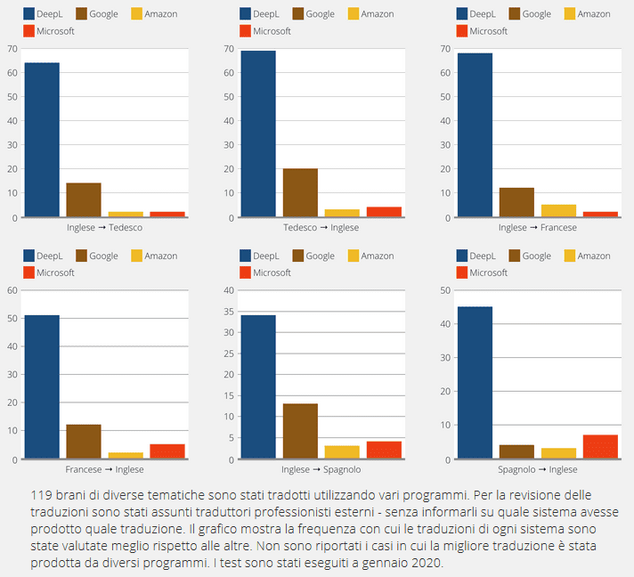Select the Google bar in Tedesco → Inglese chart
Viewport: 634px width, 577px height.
(300, 192)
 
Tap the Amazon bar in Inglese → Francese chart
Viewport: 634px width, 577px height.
(558, 211)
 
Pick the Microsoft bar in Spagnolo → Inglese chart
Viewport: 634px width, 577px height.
(601, 447)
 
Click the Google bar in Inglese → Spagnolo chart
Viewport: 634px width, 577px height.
(300, 432)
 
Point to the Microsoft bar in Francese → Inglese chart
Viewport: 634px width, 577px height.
(167, 451)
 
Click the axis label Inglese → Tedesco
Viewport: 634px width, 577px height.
(104, 227)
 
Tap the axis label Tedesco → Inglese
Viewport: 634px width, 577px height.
(321, 227)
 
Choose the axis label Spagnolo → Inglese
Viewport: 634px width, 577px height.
(538, 469)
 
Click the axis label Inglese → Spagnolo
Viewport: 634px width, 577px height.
(321, 469)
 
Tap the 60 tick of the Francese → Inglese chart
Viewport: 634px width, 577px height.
(12, 290)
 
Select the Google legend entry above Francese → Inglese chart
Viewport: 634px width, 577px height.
(97, 256)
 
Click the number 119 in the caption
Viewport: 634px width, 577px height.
(41, 494)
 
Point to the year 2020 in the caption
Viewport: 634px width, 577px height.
(423, 564)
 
